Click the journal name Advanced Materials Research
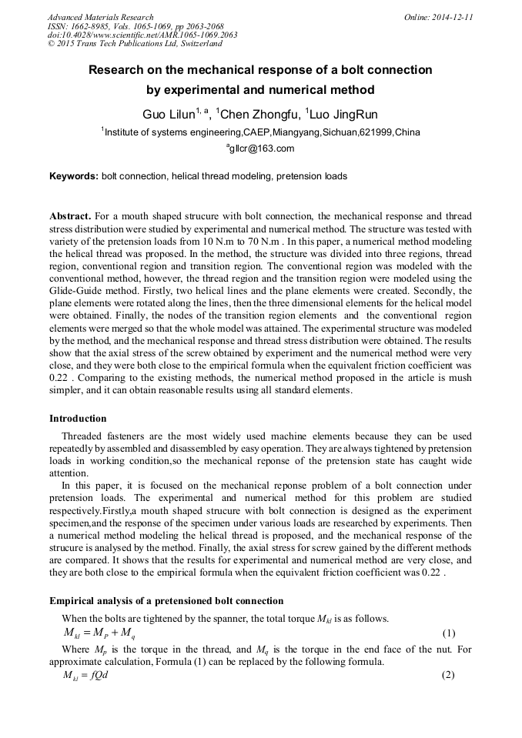point(101,17)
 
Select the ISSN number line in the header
point(136,26)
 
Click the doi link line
point(142,35)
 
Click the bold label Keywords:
point(74,176)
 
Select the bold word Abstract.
point(71,216)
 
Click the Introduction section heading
point(78,419)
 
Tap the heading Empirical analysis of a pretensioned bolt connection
point(166,601)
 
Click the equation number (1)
point(449,634)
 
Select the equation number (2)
point(449,675)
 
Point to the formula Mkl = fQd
point(85,675)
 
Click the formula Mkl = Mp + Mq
point(99,634)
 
